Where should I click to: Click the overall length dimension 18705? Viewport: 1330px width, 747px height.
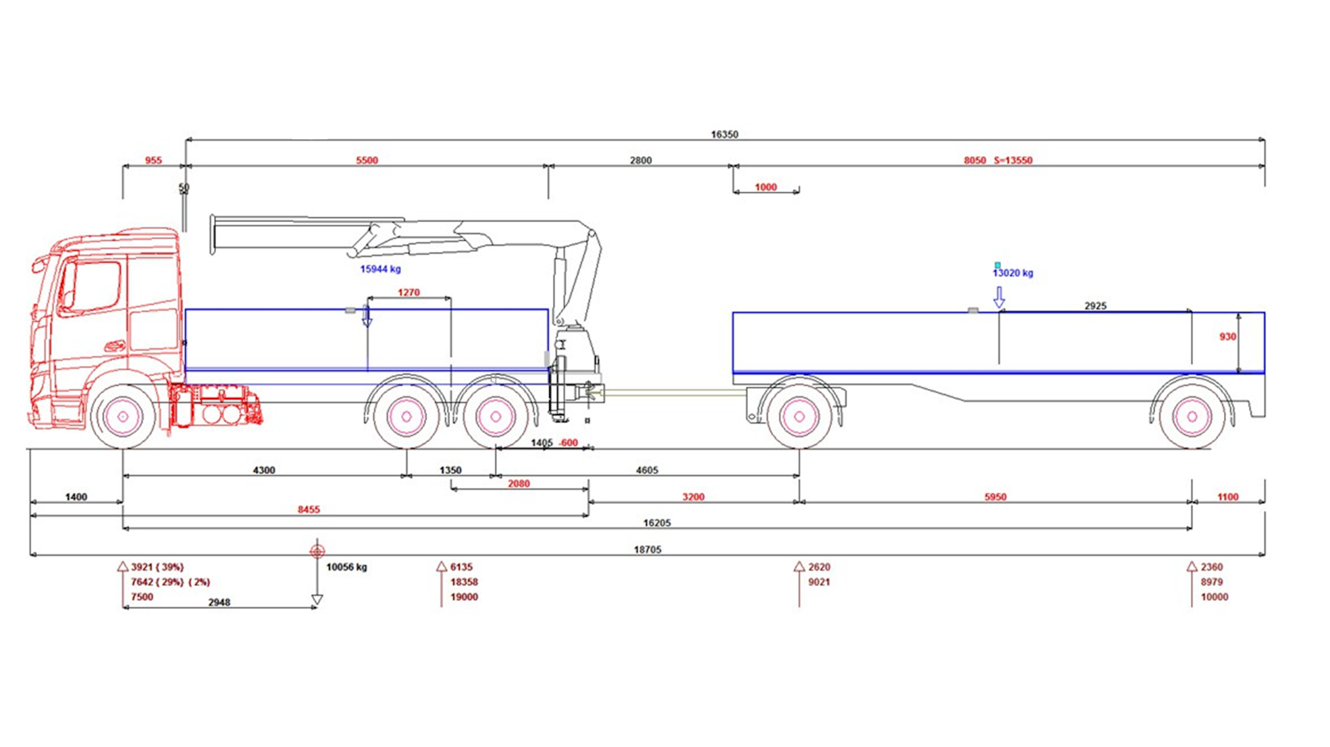coord(647,549)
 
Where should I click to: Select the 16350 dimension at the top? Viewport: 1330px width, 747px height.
coord(724,134)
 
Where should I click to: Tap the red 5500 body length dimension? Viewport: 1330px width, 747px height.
coord(367,160)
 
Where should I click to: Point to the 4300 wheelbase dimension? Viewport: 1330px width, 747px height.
coord(264,470)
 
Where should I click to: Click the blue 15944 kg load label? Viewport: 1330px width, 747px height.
coord(380,269)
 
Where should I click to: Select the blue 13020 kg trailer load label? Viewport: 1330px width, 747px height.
coord(1013,273)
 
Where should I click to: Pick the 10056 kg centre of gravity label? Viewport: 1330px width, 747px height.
coord(346,567)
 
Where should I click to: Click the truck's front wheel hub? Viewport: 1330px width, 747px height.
coord(122,416)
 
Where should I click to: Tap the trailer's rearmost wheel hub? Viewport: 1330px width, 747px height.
coord(1191,416)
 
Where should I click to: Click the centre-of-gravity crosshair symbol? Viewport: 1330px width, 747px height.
coord(317,551)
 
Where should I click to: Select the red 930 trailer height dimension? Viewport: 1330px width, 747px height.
coord(1227,337)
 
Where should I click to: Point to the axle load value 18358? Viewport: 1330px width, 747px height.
coord(464,582)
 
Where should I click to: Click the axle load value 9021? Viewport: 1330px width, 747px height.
coord(819,582)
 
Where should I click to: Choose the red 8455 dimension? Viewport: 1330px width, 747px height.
coord(308,509)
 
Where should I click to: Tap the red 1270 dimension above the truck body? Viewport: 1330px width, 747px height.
coord(408,293)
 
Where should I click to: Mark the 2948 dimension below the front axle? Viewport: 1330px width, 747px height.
coord(219,602)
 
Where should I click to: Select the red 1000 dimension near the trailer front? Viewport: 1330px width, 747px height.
coord(765,187)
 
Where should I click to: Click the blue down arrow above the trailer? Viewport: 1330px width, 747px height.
coord(999,298)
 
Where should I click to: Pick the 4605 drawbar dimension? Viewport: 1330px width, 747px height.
coord(647,470)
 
